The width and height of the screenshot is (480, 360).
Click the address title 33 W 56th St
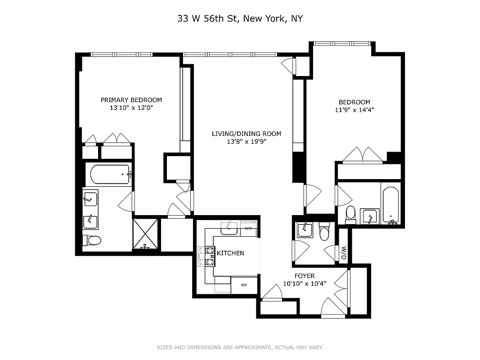[240, 18]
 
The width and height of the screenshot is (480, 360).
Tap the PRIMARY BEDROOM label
[131, 100]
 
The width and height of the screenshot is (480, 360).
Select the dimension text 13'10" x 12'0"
[131, 108]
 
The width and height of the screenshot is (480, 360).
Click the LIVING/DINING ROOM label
[247, 134]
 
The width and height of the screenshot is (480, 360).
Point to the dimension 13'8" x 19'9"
[247, 142]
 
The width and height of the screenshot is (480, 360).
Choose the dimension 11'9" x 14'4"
[354, 109]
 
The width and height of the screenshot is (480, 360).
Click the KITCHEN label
[230, 253]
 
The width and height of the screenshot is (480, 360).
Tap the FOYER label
[305, 276]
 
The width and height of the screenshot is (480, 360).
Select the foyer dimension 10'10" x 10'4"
[305, 283]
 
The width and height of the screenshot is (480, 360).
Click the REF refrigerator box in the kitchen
[244, 285]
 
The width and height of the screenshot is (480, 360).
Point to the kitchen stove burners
[209, 256]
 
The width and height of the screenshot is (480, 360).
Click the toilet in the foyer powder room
[324, 232]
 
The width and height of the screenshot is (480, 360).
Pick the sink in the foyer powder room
[305, 230]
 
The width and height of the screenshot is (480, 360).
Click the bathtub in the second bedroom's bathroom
[390, 205]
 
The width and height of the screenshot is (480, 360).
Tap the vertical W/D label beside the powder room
[344, 253]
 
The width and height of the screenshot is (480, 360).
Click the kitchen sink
[230, 227]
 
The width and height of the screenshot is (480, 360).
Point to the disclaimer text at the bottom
[240, 347]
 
